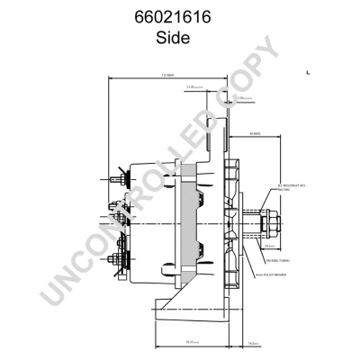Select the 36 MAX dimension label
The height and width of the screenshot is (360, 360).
(255, 134)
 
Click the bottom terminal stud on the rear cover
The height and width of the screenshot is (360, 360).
(116, 262)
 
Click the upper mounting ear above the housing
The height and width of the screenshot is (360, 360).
(216, 126)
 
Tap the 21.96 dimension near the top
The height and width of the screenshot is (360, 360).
(193, 87)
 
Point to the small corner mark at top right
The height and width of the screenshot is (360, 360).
(309, 69)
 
